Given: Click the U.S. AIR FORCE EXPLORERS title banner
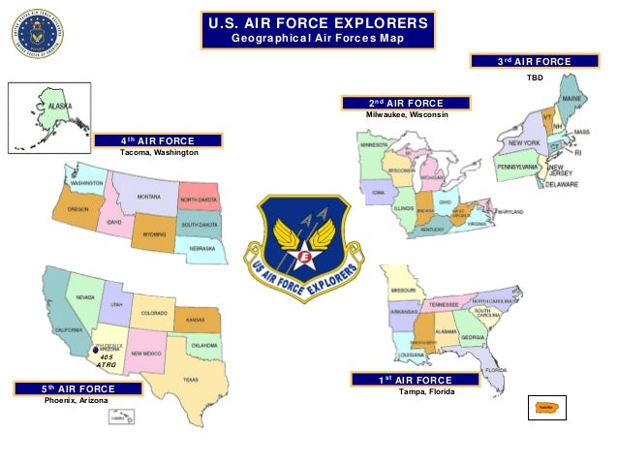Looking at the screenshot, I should [x=317, y=30].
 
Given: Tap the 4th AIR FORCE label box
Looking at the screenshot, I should [x=158, y=141].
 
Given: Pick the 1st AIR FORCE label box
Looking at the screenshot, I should [x=414, y=380].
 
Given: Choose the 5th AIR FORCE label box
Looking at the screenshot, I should [x=78, y=388].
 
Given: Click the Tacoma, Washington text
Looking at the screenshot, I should [x=158, y=154].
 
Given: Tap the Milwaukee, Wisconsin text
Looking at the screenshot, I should [x=406, y=115].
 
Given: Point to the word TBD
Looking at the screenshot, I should [x=535, y=75].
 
